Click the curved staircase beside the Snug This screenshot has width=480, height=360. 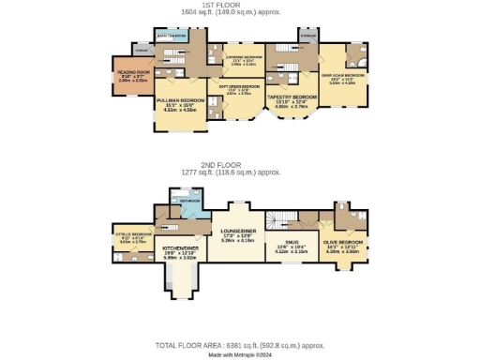click(272, 219)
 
